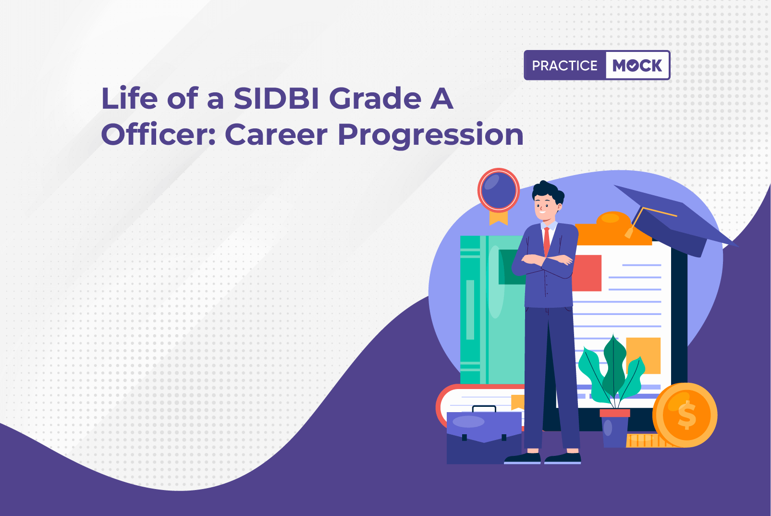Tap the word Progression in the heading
point(430,135)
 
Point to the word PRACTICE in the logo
point(565,65)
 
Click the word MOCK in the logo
point(637,65)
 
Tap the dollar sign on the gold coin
point(686,415)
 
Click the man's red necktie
point(547,241)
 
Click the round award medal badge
point(499,190)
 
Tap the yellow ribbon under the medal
point(499,218)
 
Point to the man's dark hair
point(548,192)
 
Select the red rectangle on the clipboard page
point(587,273)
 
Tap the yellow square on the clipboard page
point(643,355)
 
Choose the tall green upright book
point(493,310)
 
